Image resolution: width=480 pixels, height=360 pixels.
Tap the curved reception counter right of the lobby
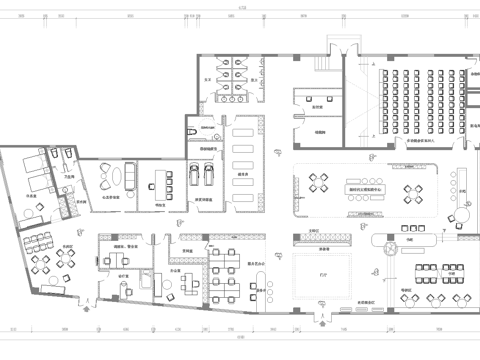point(386,243)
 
